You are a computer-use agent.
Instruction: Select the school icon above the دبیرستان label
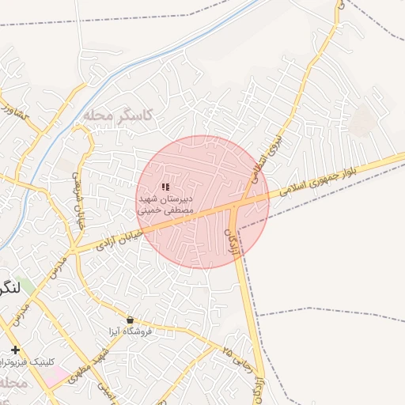[x=165, y=187]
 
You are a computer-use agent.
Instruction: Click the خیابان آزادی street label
[x=119, y=240]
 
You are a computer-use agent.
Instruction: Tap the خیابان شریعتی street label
[x=78, y=202]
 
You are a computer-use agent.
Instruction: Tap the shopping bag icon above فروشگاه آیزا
[x=130, y=320]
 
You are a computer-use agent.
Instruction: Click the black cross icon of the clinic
[x=15, y=350]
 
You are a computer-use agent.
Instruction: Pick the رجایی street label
[x=238, y=358]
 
